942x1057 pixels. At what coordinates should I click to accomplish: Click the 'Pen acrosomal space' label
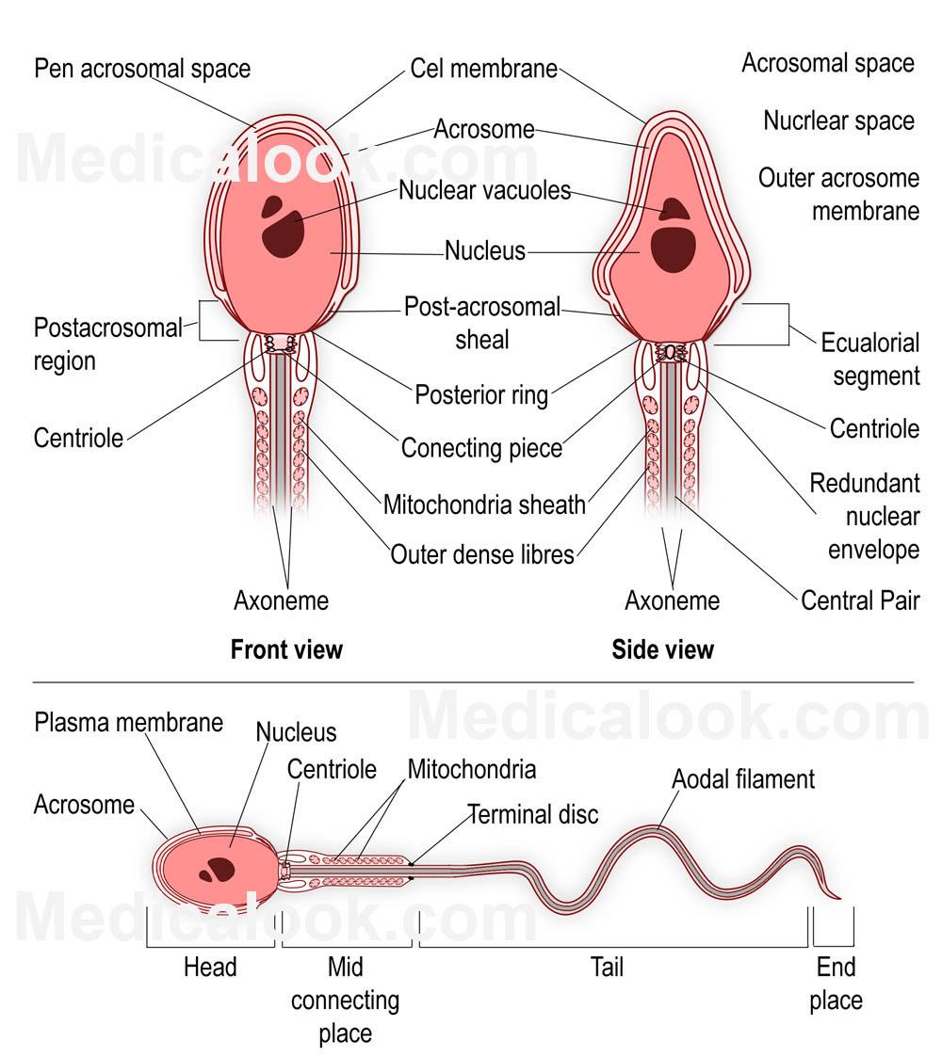[142, 69]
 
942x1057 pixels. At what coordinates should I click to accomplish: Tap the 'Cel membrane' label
[483, 70]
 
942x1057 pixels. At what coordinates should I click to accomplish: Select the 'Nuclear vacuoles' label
[484, 190]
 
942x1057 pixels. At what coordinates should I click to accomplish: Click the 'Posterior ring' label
[481, 394]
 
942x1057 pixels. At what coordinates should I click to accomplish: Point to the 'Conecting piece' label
[481, 448]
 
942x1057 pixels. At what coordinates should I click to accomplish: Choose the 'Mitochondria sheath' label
[484, 504]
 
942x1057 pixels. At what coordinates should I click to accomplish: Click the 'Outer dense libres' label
[482, 554]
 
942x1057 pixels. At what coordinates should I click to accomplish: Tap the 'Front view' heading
[286, 649]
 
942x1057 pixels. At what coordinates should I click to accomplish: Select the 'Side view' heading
[663, 649]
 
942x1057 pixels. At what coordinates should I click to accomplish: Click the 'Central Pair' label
[860, 601]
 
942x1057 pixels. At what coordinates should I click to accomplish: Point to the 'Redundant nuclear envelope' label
[865, 517]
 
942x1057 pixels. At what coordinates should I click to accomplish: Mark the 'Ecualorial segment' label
[869, 359]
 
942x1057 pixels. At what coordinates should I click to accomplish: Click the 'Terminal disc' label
[533, 813]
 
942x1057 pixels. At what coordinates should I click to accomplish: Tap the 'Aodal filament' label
[743, 779]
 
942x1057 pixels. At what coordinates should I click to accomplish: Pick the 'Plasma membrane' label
[129, 722]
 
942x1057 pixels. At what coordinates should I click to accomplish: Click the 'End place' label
[836, 984]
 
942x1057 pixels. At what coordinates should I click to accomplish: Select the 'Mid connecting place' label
[345, 1000]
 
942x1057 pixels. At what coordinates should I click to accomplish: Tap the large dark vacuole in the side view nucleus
[674, 248]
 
